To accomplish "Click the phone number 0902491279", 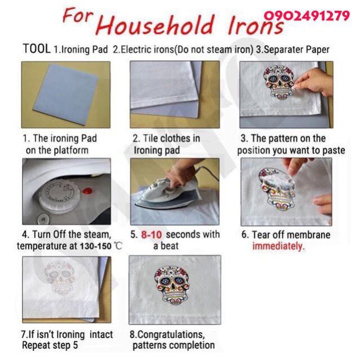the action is click(x=306, y=16).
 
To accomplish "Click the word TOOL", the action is click(x=37, y=48).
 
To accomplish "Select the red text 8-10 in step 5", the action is click(x=152, y=234).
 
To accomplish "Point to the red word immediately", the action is click(x=278, y=246).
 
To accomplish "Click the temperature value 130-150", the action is click(x=96, y=246).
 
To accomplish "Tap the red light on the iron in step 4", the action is click(x=87, y=190).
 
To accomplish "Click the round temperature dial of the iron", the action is click(x=59, y=195).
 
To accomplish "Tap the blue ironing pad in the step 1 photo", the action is click(x=67, y=94).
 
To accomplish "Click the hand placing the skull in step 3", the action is click(x=314, y=81).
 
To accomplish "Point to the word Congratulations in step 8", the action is click(x=170, y=334).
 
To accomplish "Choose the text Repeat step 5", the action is click(x=50, y=345).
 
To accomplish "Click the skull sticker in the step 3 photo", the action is click(x=278, y=82).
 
